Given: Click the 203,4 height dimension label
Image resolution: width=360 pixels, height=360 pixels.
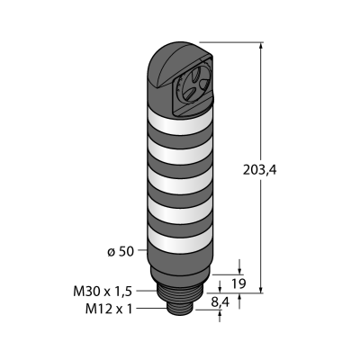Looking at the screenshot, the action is pyautogui.click(x=259, y=170).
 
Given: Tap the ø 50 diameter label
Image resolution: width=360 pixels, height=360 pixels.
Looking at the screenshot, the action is pyautogui.click(x=121, y=252).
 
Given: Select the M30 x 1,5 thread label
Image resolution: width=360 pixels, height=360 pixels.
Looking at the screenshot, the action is pyautogui.click(x=103, y=292).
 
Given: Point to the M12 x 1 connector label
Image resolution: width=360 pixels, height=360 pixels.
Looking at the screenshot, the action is pyautogui.click(x=109, y=309).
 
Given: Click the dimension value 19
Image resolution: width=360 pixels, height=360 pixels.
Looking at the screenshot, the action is pyautogui.click(x=239, y=283).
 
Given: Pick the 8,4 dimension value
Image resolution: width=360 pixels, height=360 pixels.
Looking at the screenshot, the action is pyautogui.click(x=220, y=302).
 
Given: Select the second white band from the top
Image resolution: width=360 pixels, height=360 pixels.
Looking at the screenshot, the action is pyautogui.click(x=180, y=152).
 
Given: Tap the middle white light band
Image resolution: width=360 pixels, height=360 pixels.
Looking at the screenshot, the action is pyautogui.click(x=180, y=181).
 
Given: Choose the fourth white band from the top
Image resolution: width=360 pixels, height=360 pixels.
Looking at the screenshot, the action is pyautogui.click(x=180, y=211).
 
